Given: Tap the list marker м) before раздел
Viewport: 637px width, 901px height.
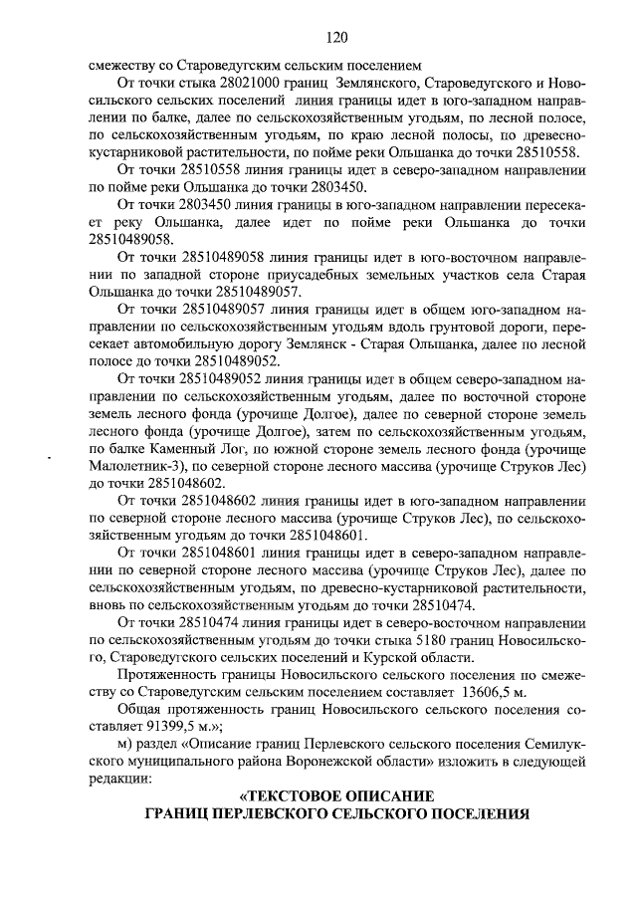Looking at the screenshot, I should (125, 745).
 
